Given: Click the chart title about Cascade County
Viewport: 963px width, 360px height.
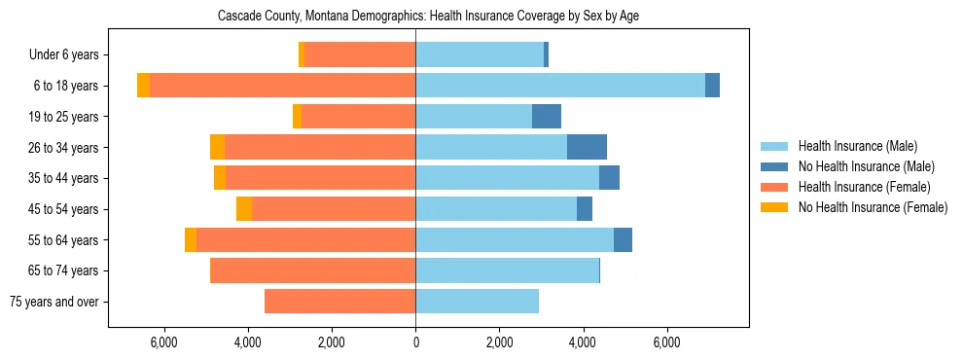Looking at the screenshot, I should click(x=414, y=17).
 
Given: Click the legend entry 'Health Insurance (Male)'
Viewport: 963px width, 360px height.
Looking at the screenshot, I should click(x=857, y=146).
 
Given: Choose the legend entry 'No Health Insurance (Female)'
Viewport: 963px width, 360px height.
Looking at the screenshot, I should click(x=873, y=207).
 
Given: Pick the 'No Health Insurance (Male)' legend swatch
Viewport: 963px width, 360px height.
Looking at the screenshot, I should click(x=774, y=166).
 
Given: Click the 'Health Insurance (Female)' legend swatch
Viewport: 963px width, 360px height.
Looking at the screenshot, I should click(x=774, y=187).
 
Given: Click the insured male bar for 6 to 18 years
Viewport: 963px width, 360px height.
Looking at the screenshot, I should click(x=560, y=86).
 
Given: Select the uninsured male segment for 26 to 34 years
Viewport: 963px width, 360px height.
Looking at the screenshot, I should click(x=587, y=147).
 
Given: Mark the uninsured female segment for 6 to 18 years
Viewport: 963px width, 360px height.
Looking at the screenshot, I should click(x=143, y=86).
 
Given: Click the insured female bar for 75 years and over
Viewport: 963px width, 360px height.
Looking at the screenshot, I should click(x=339, y=302).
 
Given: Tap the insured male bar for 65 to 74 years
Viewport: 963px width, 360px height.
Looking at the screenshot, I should click(x=507, y=270).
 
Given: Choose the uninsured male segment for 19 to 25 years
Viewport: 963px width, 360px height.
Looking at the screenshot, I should click(x=547, y=117).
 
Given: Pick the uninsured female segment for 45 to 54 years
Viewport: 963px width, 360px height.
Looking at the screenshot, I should click(x=244, y=209).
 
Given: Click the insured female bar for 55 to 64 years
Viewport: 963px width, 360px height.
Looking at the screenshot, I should click(x=305, y=239).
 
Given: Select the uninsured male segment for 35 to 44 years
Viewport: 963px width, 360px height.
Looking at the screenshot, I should click(x=609, y=178).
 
